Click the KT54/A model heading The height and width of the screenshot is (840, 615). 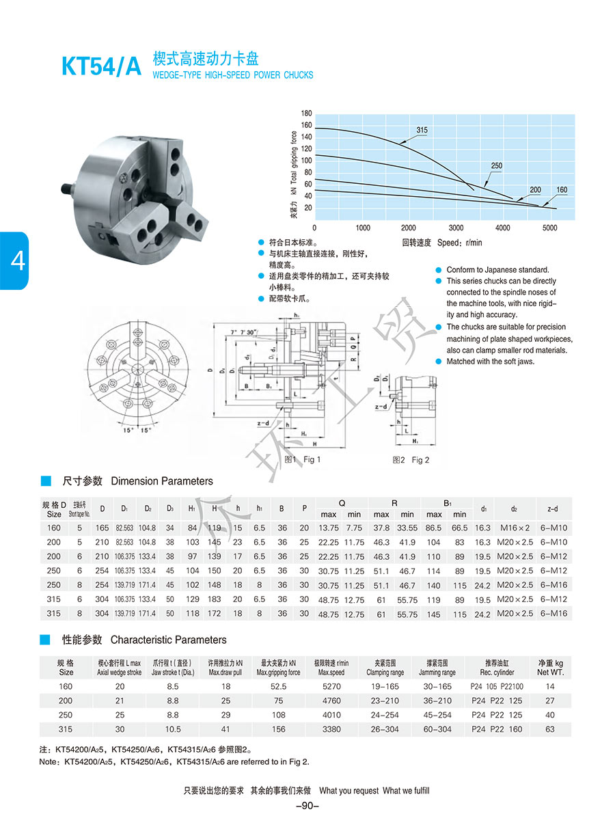tap(100, 66)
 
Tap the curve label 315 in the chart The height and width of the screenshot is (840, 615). tap(421, 130)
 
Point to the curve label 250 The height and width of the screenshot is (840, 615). tap(496, 166)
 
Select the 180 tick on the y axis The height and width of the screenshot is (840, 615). tap(306, 113)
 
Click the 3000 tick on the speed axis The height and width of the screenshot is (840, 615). tap(455, 228)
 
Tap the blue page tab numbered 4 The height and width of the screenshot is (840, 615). tap(14, 261)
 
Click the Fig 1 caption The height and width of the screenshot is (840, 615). tap(302, 459)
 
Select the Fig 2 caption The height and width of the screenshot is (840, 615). tap(411, 460)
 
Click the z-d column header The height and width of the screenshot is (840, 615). tap(553, 509)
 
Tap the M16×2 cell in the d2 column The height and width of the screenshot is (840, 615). tap(515, 528)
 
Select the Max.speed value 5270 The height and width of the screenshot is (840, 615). tap(331, 686)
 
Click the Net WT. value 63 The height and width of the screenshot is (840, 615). tap(550, 729)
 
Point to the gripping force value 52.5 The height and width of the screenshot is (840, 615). tap(278, 686)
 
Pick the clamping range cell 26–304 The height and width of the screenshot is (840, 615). tap(386, 729)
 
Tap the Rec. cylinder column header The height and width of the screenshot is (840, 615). tap(497, 667)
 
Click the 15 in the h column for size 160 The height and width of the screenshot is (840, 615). tap(238, 528)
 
